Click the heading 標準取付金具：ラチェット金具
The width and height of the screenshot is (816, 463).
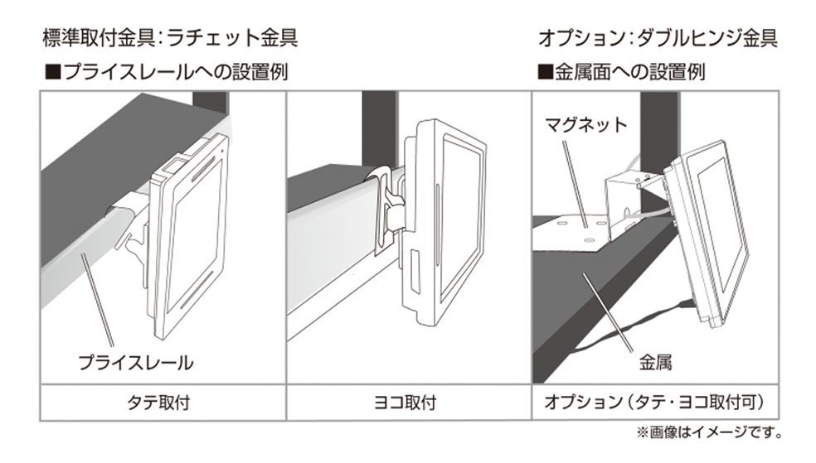tap(170, 38)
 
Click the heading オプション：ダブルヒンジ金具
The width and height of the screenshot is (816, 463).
tap(658, 38)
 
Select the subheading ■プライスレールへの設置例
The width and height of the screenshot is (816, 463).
tap(166, 72)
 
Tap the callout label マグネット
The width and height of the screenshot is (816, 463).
tap(585, 126)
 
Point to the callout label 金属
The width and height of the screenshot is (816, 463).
tap(655, 362)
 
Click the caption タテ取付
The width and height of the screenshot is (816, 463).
tap(162, 403)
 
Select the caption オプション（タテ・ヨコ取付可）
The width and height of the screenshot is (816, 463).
tap(654, 403)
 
